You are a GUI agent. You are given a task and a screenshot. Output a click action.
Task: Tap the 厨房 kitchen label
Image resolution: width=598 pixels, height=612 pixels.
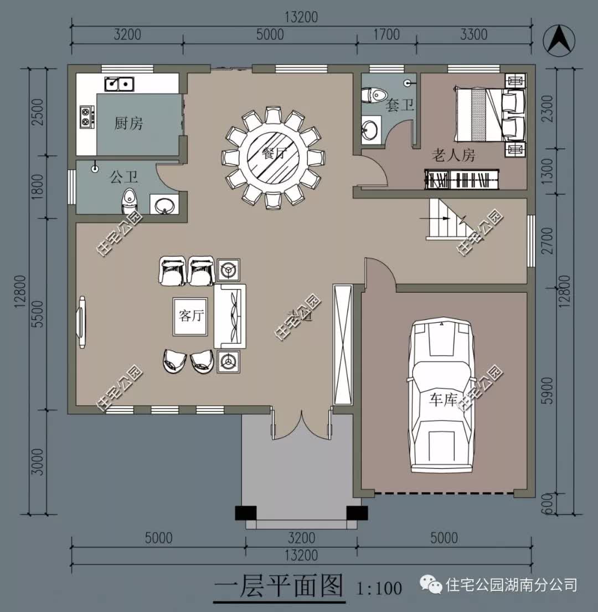click(128, 123)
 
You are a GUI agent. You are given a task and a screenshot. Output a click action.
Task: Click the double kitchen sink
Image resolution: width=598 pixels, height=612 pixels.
click(119, 84)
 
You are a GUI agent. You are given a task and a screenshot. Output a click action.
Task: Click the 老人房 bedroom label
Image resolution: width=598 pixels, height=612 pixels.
click(453, 156)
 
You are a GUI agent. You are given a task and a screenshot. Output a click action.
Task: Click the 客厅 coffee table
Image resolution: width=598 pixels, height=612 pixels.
click(191, 317)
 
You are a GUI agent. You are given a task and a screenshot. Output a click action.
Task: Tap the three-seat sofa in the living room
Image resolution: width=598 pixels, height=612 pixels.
click(230, 316)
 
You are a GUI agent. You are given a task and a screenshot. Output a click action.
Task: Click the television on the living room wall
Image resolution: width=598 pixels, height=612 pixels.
click(82, 323)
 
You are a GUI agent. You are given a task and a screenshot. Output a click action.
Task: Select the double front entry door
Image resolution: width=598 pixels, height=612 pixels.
click(301, 425)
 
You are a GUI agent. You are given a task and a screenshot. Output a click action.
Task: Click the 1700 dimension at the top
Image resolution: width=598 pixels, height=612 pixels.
click(386, 34)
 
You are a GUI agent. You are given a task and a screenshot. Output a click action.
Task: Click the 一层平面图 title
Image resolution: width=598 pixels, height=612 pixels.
click(279, 586)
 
